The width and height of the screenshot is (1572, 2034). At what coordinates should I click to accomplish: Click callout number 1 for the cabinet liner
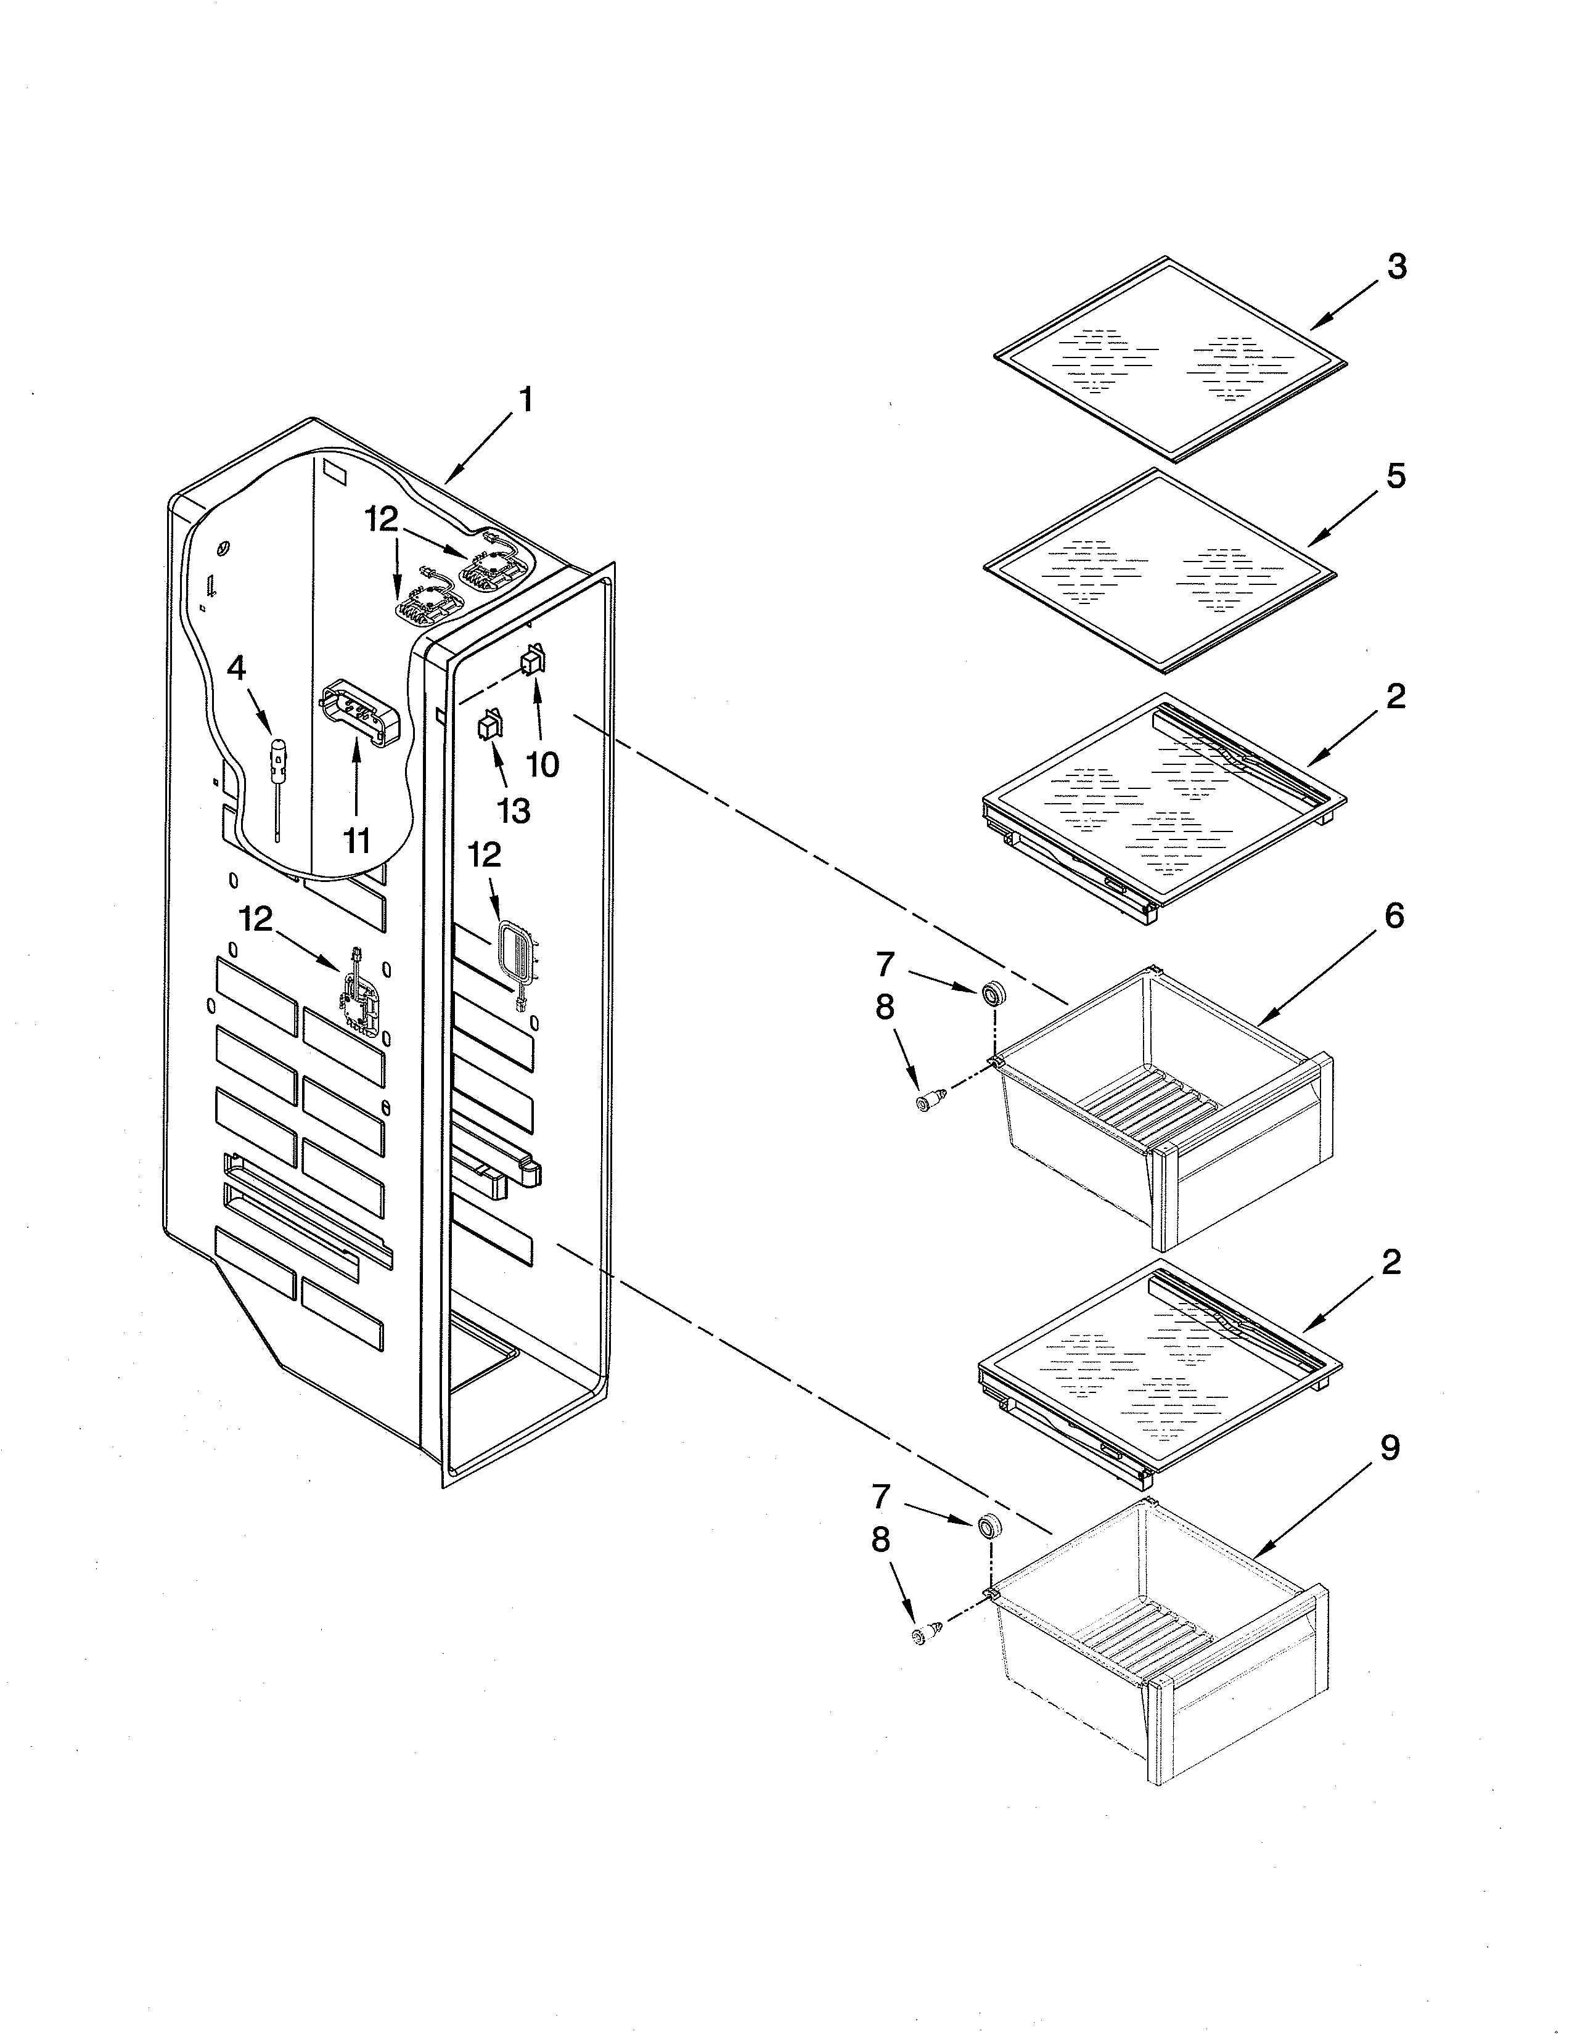[526, 401]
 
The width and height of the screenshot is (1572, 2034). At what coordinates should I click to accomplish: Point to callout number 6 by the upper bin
[1394, 917]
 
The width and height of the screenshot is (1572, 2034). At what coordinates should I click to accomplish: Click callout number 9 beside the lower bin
[1390, 1448]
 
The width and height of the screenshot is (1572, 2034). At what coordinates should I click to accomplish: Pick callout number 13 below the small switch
[513, 811]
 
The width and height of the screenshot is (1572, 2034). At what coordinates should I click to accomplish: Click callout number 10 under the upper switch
[543, 765]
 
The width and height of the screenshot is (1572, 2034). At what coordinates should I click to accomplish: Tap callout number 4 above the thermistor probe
[237, 668]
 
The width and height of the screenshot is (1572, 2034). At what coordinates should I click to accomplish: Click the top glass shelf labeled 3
[1169, 359]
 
